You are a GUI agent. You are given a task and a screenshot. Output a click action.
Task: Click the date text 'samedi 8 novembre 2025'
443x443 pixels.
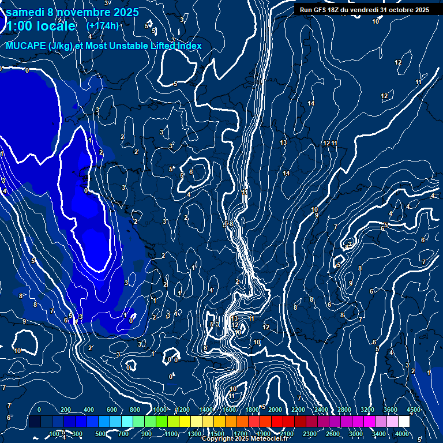(72, 12)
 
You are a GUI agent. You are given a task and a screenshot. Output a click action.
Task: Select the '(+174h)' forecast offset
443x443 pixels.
(103, 25)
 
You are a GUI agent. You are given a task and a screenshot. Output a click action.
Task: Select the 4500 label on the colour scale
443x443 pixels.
(414, 410)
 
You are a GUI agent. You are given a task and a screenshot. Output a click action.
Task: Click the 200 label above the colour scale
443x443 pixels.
(66, 410)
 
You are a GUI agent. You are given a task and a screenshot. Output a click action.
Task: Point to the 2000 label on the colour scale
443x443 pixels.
(275, 410)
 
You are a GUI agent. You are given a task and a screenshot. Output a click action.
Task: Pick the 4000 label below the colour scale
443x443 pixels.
(403, 434)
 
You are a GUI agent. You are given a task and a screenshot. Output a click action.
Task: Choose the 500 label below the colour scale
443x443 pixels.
(100, 434)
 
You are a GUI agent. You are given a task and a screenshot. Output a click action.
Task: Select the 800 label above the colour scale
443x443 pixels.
(136, 410)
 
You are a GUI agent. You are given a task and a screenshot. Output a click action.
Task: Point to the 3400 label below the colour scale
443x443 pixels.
(379, 434)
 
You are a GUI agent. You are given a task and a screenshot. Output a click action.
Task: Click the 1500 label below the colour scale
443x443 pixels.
(217, 434)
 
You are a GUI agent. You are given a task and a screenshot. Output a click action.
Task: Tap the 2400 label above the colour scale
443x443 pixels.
(321, 410)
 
